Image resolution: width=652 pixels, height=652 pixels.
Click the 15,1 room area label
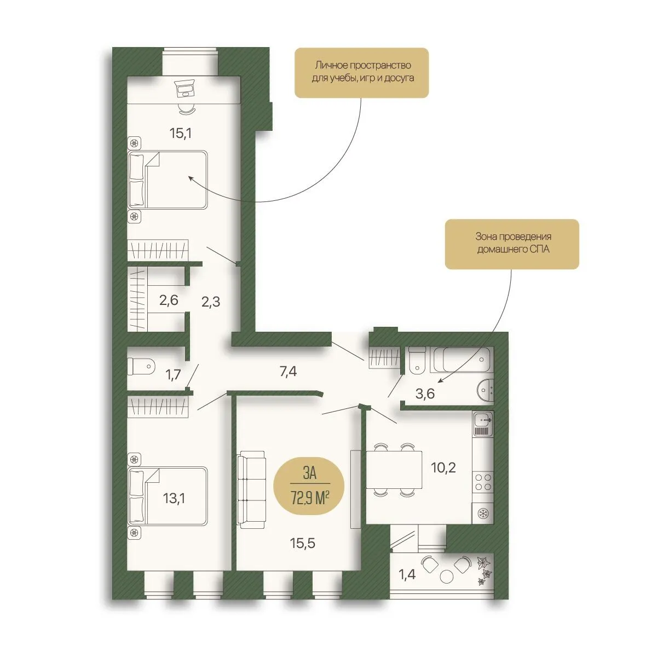point(181,134)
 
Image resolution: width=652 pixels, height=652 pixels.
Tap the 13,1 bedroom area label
point(174,498)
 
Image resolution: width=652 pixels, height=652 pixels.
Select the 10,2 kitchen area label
point(443,468)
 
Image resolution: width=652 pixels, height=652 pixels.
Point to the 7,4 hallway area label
point(288,371)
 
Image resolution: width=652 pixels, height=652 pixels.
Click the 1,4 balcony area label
point(407,575)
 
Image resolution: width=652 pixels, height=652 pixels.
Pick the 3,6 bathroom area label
point(425,394)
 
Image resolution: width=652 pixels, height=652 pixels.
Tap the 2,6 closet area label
point(169,300)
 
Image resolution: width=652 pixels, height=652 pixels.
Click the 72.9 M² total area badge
point(309,485)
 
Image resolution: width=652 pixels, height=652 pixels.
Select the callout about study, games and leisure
point(361,73)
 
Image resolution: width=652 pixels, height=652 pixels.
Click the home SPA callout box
point(512,244)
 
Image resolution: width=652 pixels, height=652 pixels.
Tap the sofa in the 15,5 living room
point(251,489)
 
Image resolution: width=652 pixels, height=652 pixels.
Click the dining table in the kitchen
point(394,470)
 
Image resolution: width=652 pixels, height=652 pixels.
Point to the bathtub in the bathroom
point(461,359)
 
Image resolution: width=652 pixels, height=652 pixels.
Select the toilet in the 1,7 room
point(141,366)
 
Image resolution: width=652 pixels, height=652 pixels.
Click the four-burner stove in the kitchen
point(483,482)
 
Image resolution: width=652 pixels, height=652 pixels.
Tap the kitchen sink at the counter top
point(483,420)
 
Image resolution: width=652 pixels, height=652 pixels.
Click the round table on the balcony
point(447,577)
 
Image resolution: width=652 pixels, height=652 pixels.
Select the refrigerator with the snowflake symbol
point(483,513)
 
